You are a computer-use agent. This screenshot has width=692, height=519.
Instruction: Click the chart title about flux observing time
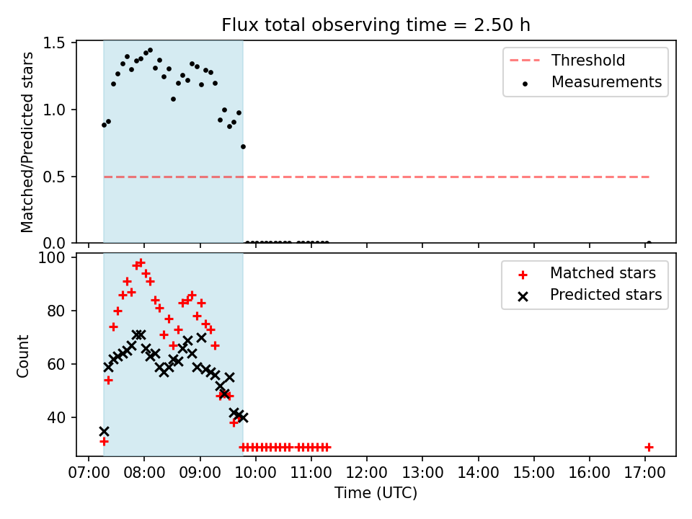click(x=376, y=25)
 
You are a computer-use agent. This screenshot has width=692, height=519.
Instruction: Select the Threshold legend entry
click(x=567, y=60)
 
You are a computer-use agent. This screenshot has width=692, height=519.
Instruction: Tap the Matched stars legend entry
click(x=587, y=273)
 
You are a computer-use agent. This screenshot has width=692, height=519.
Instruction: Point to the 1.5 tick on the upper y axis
click(x=54, y=43)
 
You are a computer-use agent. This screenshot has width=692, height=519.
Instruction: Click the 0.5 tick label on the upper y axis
click(x=54, y=177)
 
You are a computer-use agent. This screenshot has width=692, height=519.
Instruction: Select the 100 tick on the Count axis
click(x=51, y=257)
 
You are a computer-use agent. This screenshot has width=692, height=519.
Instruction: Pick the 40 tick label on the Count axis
click(x=56, y=417)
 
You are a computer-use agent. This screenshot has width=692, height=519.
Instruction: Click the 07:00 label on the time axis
click(x=89, y=473)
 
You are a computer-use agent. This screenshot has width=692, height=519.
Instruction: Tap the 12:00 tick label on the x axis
click(x=367, y=473)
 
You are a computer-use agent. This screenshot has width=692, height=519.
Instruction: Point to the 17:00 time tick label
click(x=644, y=473)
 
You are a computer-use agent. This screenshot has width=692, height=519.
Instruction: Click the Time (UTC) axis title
click(x=376, y=492)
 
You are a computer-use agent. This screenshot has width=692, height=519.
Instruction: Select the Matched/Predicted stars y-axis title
click(x=27, y=142)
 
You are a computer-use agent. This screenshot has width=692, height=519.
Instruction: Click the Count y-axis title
click(x=22, y=356)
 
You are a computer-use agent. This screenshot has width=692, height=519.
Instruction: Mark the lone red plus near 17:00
click(x=649, y=448)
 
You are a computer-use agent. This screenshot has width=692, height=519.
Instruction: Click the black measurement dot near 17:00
click(x=649, y=243)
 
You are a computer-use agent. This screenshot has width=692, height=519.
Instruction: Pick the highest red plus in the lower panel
click(x=141, y=262)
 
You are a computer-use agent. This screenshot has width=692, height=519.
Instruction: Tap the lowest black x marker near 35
click(x=104, y=431)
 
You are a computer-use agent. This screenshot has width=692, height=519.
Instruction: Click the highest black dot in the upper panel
click(x=150, y=50)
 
